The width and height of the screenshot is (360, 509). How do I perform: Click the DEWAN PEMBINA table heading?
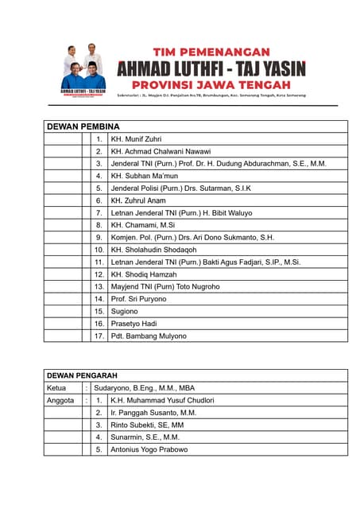click(83, 126)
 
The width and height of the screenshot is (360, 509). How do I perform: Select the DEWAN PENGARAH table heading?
click(82, 375)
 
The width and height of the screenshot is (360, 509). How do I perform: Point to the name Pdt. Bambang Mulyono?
click(149, 336)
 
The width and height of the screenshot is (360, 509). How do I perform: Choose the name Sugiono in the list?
click(125, 312)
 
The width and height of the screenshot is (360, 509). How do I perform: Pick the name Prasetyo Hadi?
click(134, 324)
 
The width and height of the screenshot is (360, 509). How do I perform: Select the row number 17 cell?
click(99, 336)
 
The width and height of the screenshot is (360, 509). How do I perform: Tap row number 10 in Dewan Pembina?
click(99, 250)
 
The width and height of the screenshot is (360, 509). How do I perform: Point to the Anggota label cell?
click(61, 400)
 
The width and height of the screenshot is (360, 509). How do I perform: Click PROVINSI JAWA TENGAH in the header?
click(211, 83)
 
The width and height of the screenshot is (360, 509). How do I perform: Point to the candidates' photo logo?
click(83, 70)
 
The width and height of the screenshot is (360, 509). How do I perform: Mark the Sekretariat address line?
click(211, 95)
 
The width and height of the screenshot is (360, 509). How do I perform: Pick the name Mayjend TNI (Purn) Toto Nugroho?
click(165, 286)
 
